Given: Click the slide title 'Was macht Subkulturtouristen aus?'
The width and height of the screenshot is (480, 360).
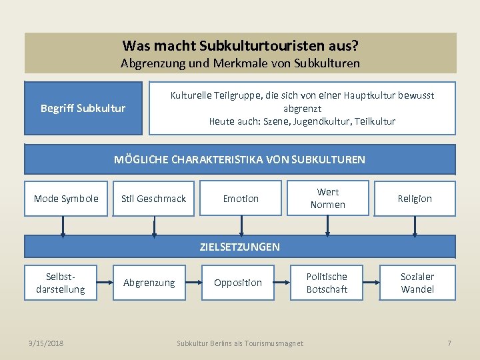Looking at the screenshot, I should pyautogui.click(x=240, y=46).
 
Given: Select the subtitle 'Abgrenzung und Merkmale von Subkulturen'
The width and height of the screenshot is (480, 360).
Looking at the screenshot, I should pyautogui.click(x=240, y=63).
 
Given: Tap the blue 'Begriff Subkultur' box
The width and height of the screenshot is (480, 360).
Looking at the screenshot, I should pyautogui.click(x=83, y=108).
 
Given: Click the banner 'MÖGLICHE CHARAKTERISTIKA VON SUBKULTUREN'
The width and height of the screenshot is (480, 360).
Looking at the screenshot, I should pyautogui.click(x=240, y=159).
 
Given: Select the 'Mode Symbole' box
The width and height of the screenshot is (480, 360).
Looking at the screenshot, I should pyautogui.click(x=66, y=199).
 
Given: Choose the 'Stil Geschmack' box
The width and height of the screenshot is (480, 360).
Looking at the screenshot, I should pyautogui.click(x=153, y=199).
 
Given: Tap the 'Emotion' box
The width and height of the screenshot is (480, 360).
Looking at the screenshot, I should pyautogui.click(x=241, y=199).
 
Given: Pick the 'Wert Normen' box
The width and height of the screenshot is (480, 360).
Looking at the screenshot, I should pyautogui.click(x=327, y=199).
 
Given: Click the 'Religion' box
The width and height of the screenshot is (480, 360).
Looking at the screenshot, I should pyautogui.click(x=415, y=199).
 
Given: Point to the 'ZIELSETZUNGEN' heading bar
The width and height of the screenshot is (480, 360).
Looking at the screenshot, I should pyautogui.click(x=240, y=247).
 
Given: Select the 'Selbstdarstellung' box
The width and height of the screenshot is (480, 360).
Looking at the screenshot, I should pyautogui.click(x=61, y=283).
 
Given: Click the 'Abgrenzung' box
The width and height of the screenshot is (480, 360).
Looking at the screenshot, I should pyautogui.click(x=149, y=283).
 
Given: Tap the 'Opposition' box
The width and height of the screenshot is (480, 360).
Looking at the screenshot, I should pyautogui.click(x=238, y=283).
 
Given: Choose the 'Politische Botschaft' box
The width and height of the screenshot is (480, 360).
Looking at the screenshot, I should pyautogui.click(x=327, y=283).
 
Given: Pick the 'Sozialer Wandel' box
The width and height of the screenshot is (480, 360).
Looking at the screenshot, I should pyautogui.click(x=417, y=283).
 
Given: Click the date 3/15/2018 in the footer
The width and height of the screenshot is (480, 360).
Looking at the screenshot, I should pyautogui.click(x=46, y=343).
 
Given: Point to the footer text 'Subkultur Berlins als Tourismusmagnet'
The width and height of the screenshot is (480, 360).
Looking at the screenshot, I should pyautogui.click(x=240, y=343).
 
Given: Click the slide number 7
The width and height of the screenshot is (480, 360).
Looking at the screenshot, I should pyautogui.click(x=449, y=343).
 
